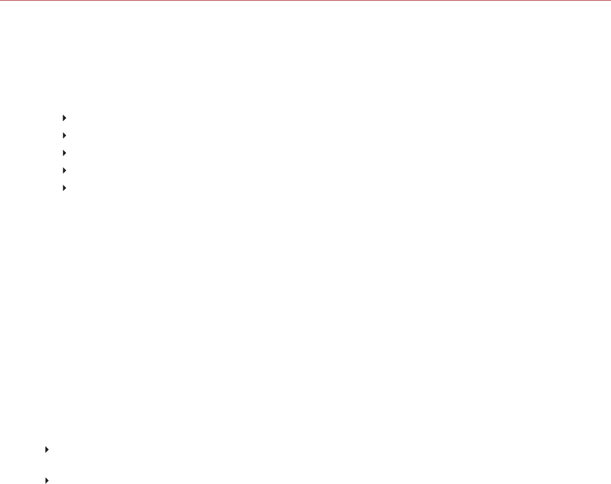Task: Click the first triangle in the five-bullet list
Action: (x=64, y=118)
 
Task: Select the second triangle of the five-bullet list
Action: (x=64, y=135)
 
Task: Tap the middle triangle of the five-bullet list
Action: (x=64, y=153)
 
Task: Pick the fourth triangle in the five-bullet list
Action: (x=64, y=170)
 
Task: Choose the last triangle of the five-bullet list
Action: (x=64, y=188)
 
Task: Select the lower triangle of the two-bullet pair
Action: (x=47, y=467)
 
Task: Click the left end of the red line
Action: (x=1, y=1)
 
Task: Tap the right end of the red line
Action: (x=610, y=1)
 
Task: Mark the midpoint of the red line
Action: (x=305, y=1)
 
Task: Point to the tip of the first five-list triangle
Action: (x=66, y=118)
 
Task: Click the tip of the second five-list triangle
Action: (x=66, y=135)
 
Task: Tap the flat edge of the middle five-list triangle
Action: (x=63, y=153)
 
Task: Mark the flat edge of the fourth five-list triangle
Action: (x=63, y=170)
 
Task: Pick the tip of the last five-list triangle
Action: (x=66, y=188)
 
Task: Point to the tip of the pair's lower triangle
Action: (x=48, y=467)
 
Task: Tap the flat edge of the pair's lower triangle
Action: (x=46, y=467)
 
